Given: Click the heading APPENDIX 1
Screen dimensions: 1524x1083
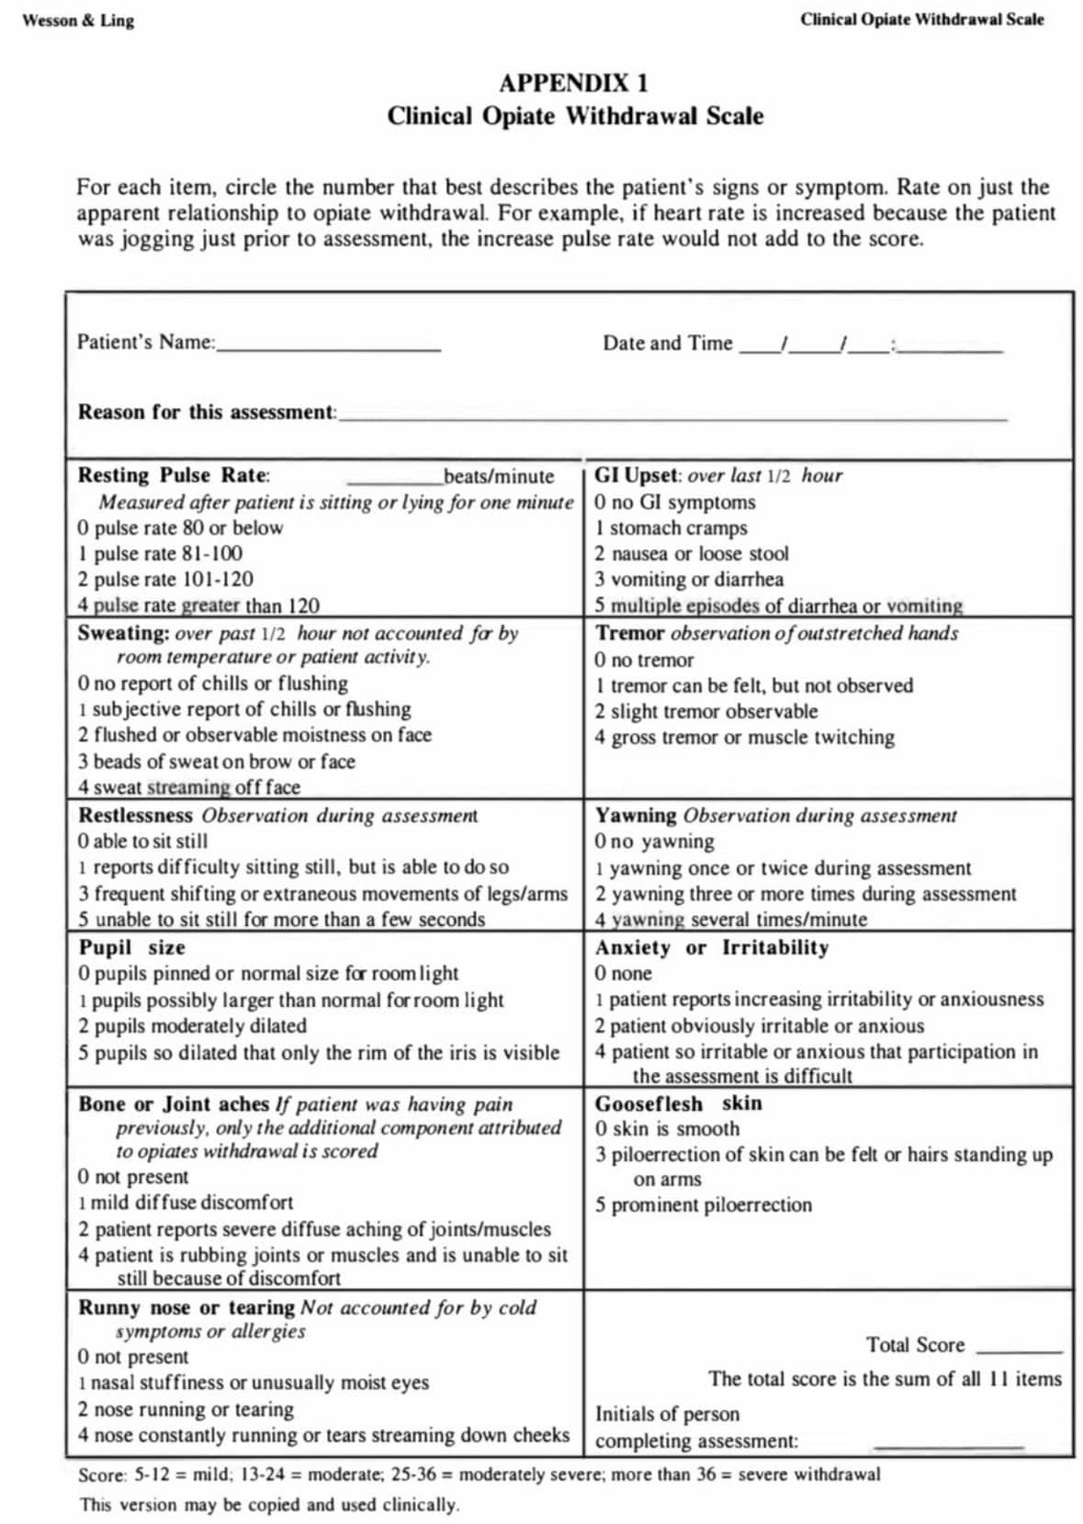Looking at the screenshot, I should tap(573, 84).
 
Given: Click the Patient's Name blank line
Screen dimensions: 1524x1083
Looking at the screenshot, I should tap(329, 348).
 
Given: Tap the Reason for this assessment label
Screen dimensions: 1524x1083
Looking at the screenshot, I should tap(207, 412).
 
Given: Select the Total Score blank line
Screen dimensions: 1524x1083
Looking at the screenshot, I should tap(1019, 1350).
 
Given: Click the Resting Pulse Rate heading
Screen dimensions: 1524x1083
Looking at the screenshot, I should tap(174, 476).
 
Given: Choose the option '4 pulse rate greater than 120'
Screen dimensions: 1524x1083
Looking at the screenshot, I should tap(198, 605).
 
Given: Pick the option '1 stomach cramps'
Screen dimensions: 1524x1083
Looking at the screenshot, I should tap(671, 528).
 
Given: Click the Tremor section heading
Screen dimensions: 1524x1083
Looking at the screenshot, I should tap(630, 633).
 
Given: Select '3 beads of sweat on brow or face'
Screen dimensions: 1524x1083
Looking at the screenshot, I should tap(216, 762).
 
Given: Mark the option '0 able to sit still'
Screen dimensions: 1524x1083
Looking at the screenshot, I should tap(142, 841).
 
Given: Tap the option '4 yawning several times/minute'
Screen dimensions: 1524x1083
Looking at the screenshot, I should tap(730, 920).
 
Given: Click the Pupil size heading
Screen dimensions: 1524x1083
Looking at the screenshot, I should tap(131, 948).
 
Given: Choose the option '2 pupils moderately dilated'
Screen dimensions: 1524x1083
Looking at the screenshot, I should tap(192, 1026).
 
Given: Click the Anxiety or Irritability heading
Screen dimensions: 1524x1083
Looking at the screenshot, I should tap(711, 948).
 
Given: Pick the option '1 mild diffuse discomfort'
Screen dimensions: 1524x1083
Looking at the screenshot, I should tap(186, 1202).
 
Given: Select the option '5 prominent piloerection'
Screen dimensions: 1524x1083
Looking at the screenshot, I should tap(703, 1205).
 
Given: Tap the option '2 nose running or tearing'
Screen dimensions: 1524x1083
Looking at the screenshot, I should tap(186, 1409).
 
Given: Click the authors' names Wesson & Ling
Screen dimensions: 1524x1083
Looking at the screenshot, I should tap(78, 20).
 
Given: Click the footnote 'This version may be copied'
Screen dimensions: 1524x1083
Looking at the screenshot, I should tap(268, 1505).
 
